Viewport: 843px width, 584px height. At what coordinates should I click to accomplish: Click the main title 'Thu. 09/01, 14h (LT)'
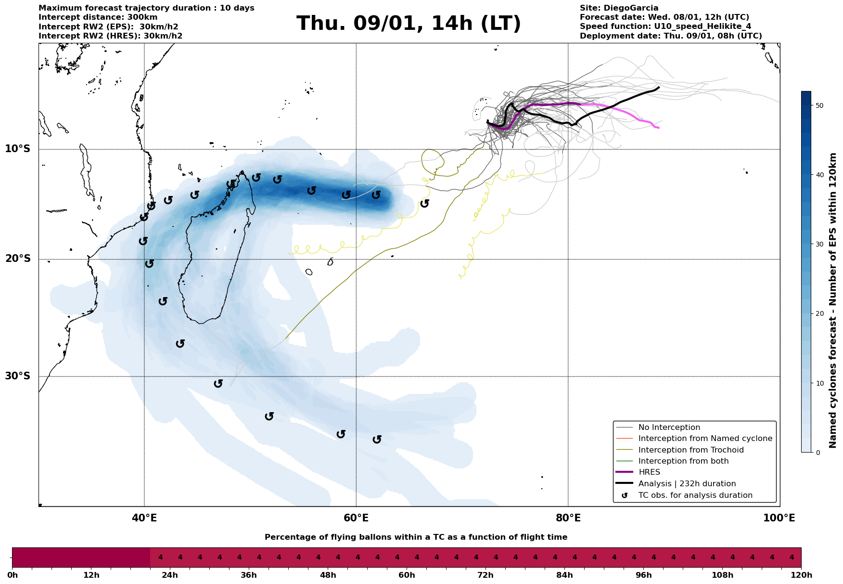(x=409, y=24)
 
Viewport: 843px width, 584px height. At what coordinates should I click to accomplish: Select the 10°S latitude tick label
(x=18, y=149)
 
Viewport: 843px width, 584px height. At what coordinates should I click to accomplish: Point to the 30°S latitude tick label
(x=18, y=376)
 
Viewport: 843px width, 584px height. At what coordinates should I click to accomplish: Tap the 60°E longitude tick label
(x=356, y=518)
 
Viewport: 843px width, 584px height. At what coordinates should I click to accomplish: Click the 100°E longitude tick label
(x=779, y=518)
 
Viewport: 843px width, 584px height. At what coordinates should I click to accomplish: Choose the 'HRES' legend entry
(x=649, y=472)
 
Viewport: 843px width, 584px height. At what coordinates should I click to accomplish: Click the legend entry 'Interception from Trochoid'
(x=691, y=450)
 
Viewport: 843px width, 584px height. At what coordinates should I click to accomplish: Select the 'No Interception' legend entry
(x=669, y=428)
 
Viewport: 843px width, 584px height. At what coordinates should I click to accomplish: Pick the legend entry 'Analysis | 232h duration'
(x=687, y=484)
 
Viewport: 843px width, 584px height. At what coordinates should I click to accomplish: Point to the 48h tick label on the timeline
(x=328, y=575)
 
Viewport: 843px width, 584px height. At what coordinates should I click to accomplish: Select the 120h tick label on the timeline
(x=801, y=575)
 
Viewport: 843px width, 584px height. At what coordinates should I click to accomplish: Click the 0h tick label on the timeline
(x=13, y=575)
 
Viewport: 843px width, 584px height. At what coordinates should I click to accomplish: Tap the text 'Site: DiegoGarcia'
(x=619, y=8)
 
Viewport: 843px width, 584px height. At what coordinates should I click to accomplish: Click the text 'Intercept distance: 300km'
(x=98, y=17)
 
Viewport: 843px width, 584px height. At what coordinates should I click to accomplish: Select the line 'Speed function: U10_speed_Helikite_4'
(x=665, y=26)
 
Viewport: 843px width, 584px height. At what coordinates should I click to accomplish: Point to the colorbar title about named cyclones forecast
(x=833, y=300)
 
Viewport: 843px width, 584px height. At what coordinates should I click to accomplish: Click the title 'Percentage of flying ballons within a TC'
(x=416, y=537)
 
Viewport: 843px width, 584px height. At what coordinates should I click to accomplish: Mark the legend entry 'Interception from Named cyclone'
(x=705, y=439)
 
